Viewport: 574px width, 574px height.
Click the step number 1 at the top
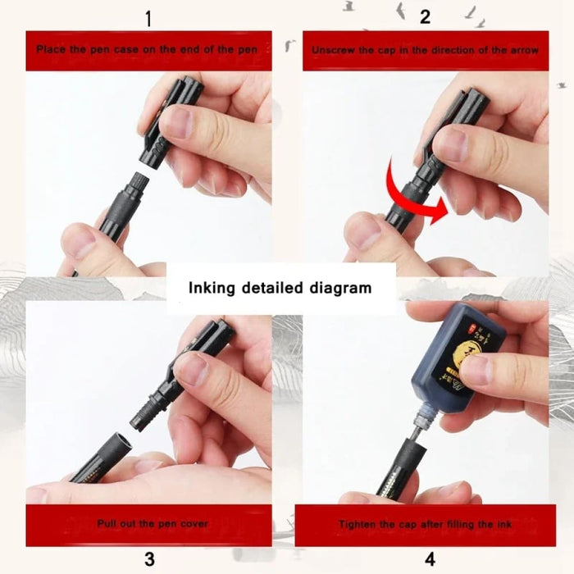coord(148,16)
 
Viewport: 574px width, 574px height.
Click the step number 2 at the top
coord(425,16)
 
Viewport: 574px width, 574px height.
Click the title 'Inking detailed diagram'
coord(280,288)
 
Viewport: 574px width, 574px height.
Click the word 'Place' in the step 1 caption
coord(51,50)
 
